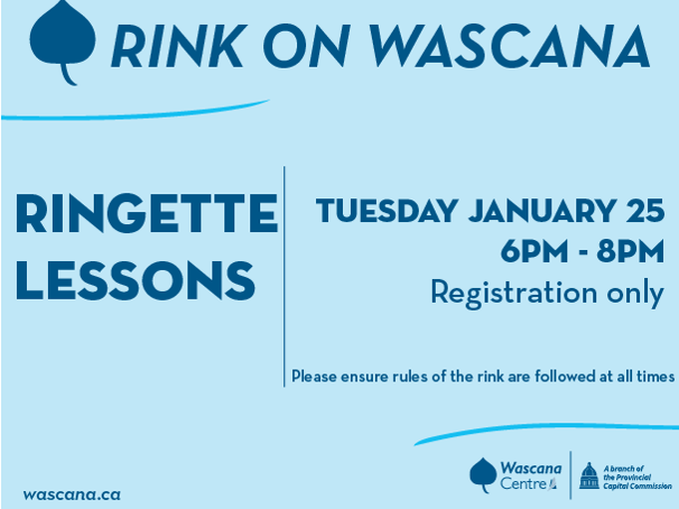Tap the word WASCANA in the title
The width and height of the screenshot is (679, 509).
(x=509, y=46)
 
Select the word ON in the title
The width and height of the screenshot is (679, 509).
(x=306, y=46)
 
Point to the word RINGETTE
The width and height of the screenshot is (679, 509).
(x=147, y=213)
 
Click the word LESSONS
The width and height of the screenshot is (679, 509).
(x=136, y=281)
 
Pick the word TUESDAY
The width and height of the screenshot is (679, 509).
(x=387, y=210)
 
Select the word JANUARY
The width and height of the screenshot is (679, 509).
(x=542, y=210)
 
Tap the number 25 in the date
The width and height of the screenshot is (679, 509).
(x=645, y=210)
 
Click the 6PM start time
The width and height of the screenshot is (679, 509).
(x=534, y=251)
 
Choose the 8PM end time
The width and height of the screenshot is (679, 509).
(x=630, y=251)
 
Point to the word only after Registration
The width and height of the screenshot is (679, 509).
(x=635, y=294)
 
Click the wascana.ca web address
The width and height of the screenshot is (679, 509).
(x=72, y=495)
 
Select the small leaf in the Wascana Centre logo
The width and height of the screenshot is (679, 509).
(x=483, y=475)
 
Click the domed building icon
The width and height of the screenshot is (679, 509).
(x=589, y=476)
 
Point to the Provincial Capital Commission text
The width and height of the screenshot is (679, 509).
(x=637, y=477)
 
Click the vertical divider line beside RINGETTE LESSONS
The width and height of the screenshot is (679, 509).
(x=284, y=276)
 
